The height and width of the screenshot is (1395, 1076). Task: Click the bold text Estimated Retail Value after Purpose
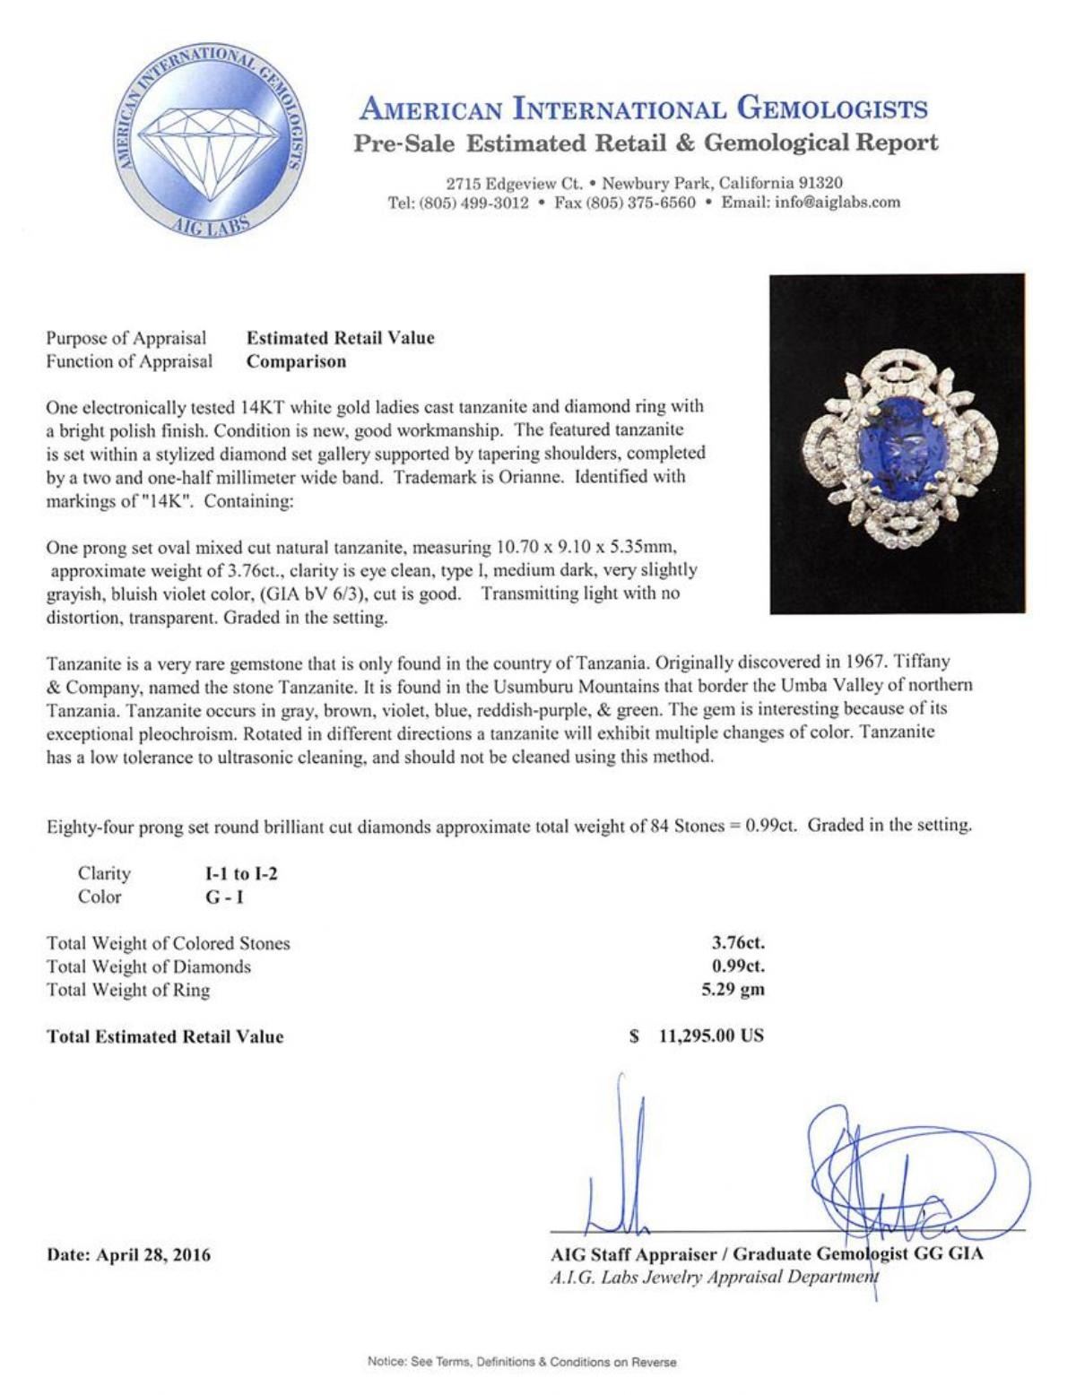click(x=340, y=338)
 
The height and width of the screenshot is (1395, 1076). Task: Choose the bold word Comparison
click(x=296, y=362)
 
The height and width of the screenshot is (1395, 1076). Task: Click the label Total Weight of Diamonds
click(x=149, y=966)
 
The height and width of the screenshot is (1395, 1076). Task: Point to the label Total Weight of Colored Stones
click(x=169, y=943)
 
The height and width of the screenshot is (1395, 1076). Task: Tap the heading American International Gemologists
click(x=643, y=109)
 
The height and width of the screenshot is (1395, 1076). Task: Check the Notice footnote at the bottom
click(x=522, y=1362)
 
